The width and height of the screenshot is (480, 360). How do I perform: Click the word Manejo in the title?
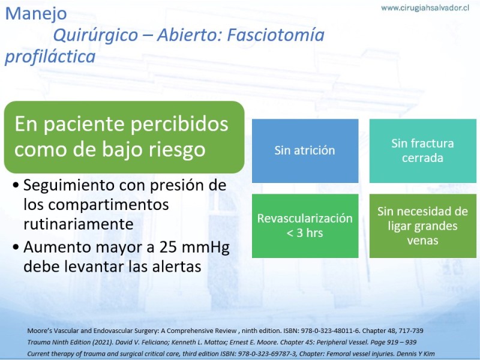click(36, 14)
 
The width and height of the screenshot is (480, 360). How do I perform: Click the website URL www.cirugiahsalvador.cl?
click(425, 8)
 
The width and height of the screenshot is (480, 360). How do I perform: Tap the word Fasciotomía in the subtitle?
click(275, 35)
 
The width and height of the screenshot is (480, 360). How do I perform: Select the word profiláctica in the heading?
click(50, 57)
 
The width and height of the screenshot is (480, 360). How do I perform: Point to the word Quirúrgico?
click(95, 35)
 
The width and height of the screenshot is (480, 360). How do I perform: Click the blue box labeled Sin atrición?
click(305, 151)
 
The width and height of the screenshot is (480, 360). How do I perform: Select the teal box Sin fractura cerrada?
click(423, 151)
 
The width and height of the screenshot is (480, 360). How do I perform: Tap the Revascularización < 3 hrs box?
click(305, 226)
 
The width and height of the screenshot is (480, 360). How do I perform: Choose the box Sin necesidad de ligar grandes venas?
click(423, 226)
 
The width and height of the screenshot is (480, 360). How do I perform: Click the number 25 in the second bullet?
click(168, 247)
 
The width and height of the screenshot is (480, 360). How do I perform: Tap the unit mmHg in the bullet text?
click(206, 248)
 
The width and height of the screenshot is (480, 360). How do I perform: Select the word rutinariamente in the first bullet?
click(79, 224)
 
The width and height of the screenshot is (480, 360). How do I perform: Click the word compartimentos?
click(109, 205)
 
